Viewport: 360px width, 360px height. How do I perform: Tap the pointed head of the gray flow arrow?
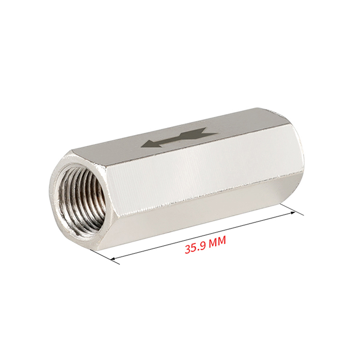pos(150,144)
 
